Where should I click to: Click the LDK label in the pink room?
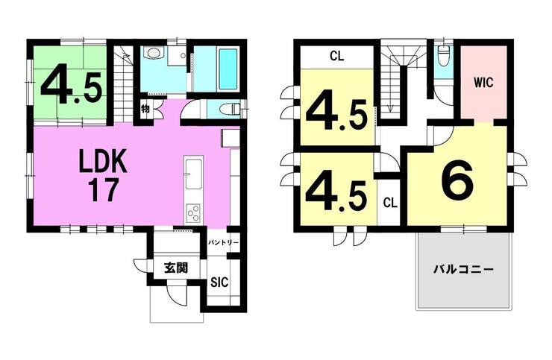click(x=102, y=162)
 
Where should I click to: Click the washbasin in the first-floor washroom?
click(x=154, y=53)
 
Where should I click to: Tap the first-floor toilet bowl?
click(x=228, y=109)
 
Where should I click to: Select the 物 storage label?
click(x=145, y=109)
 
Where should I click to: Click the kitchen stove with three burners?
click(x=193, y=212)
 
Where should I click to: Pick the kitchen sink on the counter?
click(x=194, y=174)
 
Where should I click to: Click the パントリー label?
click(x=223, y=243)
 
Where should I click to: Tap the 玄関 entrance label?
click(x=176, y=268)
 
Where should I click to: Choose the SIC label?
click(x=219, y=282)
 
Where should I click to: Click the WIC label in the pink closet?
click(x=483, y=83)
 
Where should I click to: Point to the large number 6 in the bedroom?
click(x=458, y=180)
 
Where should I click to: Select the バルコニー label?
click(x=463, y=270)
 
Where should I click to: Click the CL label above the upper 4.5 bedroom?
click(x=337, y=56)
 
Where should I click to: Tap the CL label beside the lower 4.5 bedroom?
click(x=390, y=203)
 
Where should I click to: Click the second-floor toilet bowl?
click(x=443, y=57)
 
